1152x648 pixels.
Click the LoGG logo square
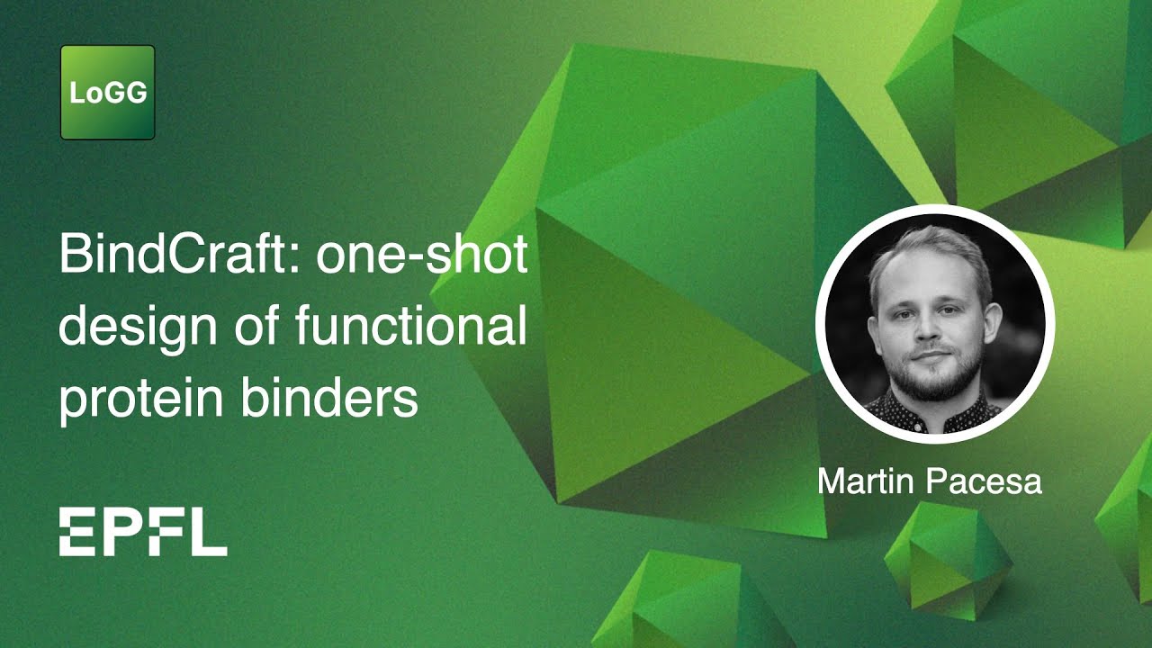click(x=108, y=93)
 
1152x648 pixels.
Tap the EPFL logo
click(x=143, y=531)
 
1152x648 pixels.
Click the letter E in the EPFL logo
click(x=76, y=531)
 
